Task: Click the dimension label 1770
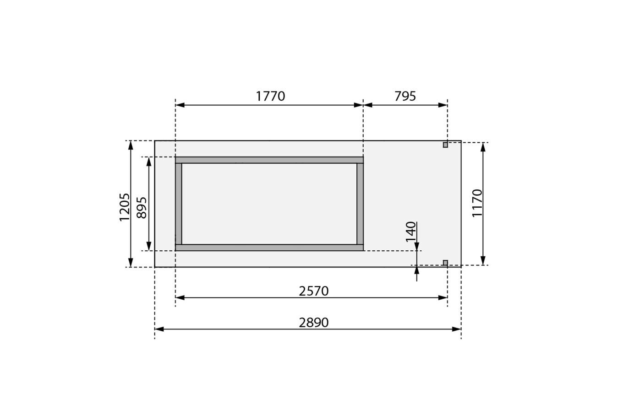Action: coord(270,96)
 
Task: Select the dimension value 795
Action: coord(405,96)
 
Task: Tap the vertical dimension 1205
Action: coord(125,207)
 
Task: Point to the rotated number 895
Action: coord(142,207)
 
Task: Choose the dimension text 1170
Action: coord(477,203)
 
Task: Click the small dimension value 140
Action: coord(411,232)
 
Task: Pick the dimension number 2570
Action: coord(314,291)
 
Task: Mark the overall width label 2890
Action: coord(314,323)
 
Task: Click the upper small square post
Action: coord(445,145)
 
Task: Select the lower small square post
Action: coord(445,263)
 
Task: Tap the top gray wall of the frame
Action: coord(269,160)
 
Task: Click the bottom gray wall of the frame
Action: coord(269,248)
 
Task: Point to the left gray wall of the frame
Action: coord(179,204)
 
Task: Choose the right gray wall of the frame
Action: coord(360,204)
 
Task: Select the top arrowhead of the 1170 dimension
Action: coord(483,147)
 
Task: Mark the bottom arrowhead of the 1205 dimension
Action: coord(131,263)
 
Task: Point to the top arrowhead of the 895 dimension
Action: coord(149,162)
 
